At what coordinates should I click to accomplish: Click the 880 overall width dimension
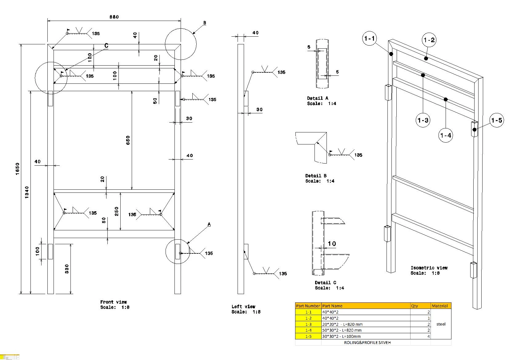click(114, 17)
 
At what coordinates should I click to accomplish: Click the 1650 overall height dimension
click(18, 169)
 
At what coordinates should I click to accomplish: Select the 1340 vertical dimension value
click(27, 192)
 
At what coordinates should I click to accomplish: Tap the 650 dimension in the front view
click(128, 140)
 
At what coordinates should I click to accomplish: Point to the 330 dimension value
click(67, 269)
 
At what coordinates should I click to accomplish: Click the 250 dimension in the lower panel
click(117, 211)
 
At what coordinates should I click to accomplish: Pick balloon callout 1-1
click(369, 38)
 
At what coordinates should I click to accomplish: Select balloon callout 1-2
click(429, 40)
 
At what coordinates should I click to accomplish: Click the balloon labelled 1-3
click(423, 120)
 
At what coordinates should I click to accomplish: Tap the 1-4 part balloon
click(446, 135)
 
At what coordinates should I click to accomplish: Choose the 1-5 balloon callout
click(496, 120)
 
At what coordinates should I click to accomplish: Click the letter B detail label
click(205, 23)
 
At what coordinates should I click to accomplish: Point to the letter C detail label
click(106, 46)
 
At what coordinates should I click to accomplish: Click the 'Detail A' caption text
click(318, 98)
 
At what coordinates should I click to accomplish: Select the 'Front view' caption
click(114, 302)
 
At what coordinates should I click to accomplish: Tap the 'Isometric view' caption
click(429, 268)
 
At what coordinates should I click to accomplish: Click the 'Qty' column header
click(415, 306)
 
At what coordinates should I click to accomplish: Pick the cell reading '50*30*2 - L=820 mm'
click(342, 330)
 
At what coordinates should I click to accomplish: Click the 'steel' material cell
click(441, 324)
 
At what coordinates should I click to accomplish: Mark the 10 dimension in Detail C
click(332, 244)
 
